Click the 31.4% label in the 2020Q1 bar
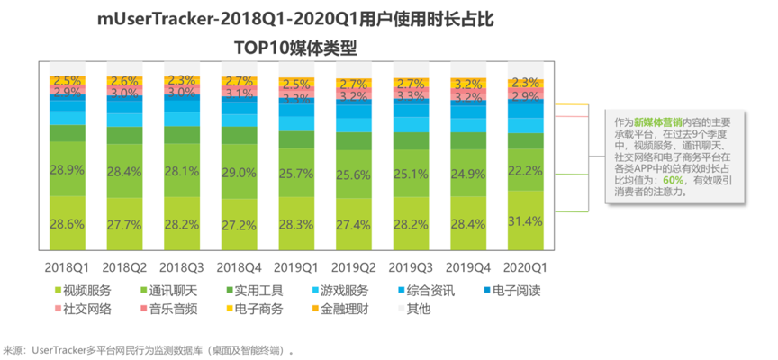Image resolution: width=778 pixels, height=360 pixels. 529,221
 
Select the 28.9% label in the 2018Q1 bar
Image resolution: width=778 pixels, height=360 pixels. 68,169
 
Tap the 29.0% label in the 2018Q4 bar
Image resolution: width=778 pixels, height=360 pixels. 240,172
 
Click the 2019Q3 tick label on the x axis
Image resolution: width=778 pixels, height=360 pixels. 412,267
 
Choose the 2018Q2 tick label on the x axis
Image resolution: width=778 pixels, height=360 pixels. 125,267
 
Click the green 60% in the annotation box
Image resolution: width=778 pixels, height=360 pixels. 674,179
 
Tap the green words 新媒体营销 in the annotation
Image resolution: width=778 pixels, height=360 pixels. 656,121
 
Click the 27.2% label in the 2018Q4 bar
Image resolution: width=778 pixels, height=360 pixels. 240,224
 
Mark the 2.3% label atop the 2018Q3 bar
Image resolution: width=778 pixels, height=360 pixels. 182,79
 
